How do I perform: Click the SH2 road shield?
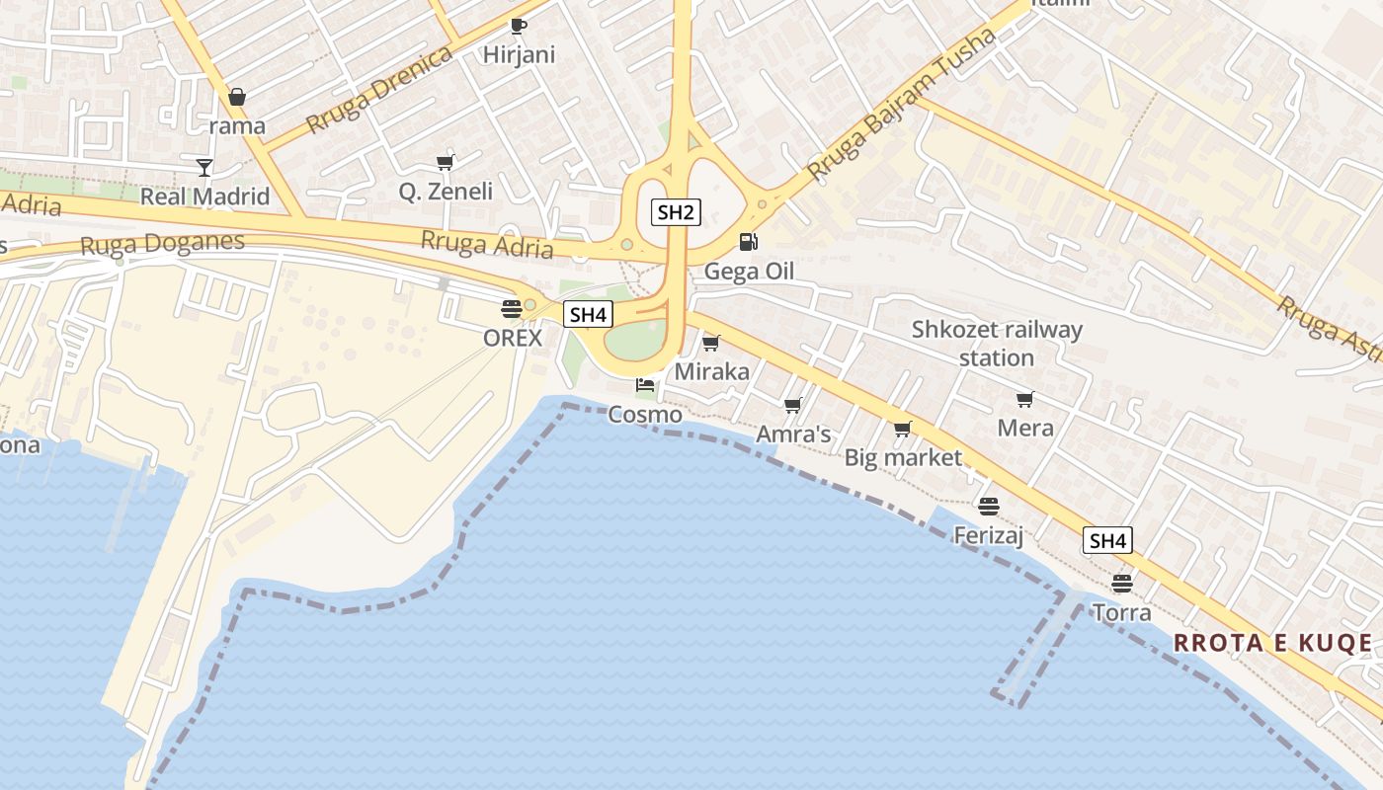677,211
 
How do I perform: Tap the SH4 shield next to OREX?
588,315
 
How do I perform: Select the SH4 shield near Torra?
1107,540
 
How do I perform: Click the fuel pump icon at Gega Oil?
749,242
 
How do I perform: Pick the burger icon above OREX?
511,308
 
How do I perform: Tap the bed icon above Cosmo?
645,384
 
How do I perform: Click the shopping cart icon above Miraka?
710,343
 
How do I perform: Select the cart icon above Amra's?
792,405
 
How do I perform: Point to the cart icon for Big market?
902,429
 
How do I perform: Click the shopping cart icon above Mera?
1024,399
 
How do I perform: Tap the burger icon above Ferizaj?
989,507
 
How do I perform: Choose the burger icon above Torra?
1121,583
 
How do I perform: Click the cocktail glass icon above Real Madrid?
204,167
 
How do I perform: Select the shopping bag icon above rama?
237,97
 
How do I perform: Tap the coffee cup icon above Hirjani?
519,26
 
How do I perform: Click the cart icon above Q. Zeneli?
446,162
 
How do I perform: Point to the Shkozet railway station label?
997,343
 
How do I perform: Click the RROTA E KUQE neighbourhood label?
1272,644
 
